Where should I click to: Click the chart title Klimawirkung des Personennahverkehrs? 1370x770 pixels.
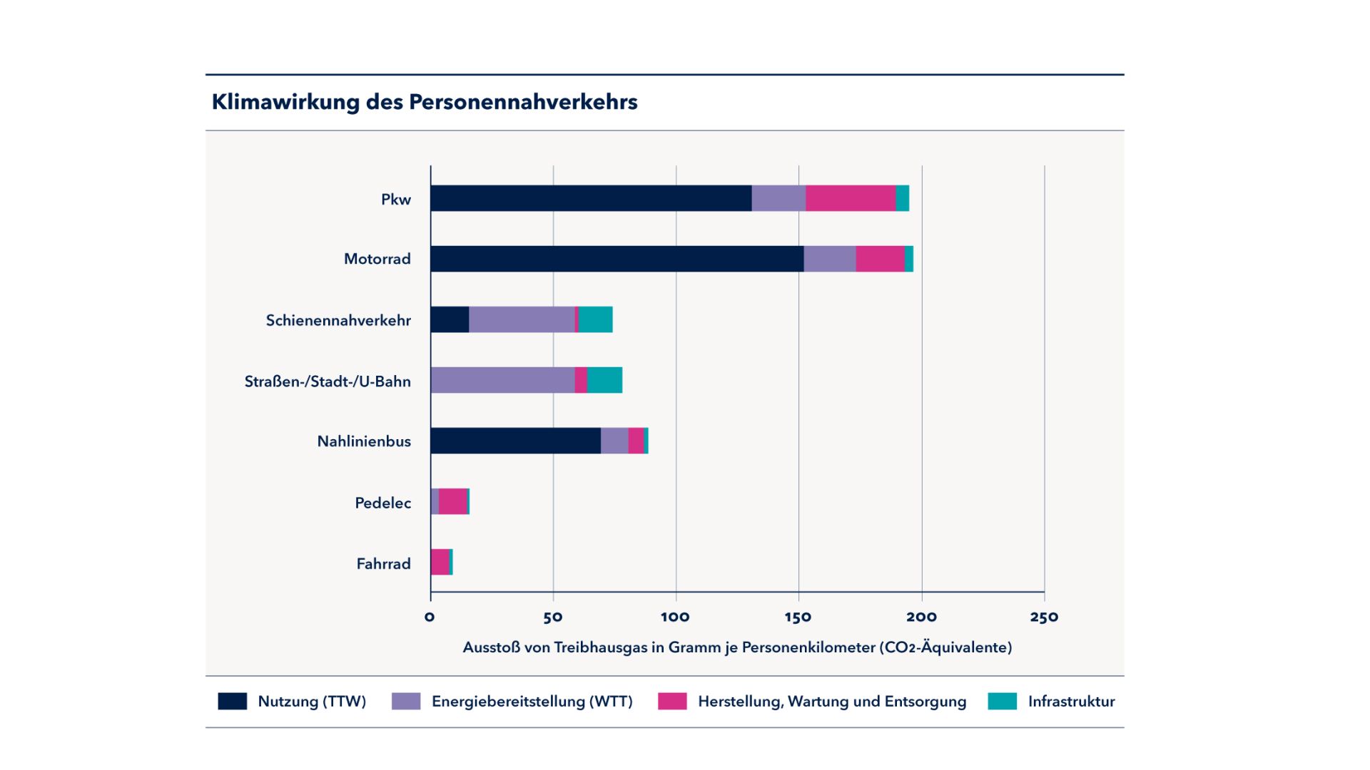point(425,102)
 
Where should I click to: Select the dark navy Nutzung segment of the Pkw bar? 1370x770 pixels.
point(591,198)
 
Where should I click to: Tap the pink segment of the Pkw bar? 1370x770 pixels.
point(851,198)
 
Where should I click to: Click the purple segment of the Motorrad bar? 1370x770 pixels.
point(829,259)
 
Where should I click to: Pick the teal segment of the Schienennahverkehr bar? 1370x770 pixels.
point(595,319)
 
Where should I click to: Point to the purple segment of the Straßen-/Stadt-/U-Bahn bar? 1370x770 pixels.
point(502,380)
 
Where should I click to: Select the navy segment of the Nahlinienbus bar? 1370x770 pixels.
point(515,441)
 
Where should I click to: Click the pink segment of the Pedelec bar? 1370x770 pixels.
point(452,501)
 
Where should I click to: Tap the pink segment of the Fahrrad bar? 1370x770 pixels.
point(440,562)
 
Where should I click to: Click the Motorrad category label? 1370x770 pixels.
point(377,259)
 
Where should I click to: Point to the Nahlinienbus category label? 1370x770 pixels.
point(364,441)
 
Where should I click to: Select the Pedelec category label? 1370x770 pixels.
point(382,503)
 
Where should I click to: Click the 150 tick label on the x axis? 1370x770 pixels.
point(798,617)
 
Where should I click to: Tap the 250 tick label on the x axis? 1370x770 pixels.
point(1044,617)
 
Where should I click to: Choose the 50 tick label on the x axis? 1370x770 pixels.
point(552,617)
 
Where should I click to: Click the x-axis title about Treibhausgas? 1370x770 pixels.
point(737,647)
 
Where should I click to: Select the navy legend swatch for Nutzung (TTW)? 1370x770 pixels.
point(233,701)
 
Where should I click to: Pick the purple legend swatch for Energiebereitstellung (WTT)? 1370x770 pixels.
point(406,701)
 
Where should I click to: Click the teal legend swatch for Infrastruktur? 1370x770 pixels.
point(1002,701)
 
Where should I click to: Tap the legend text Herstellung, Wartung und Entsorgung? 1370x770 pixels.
point(832,702)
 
